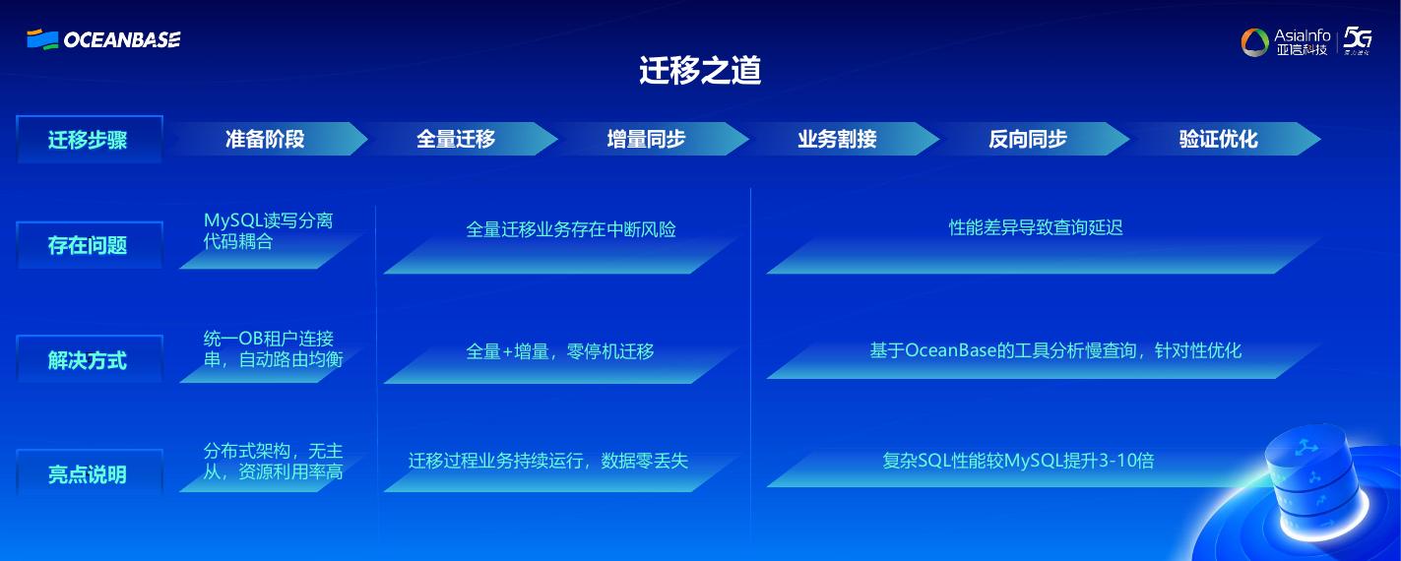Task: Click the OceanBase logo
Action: click(103, 39)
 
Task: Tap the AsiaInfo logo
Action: click(1287, 41)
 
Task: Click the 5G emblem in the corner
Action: click(1358, 40)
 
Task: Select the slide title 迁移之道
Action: click(700, 71)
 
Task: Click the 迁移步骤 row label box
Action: click(89, 140)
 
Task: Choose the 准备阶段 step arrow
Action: click(266, 139)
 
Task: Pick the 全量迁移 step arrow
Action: click(457, 139)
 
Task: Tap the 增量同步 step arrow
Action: click(647, 139)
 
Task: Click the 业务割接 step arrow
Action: click(838, 139)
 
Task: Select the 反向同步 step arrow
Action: click(1029, 139)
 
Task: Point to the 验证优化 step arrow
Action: click(1219, 139)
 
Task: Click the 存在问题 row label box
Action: click(89, 245)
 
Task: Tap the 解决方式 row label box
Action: click(89, 360)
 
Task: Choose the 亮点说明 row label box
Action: click(89, 474)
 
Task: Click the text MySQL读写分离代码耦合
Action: click(268, 230)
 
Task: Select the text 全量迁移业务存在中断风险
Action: click(571, 229)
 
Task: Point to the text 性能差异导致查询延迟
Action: click(1036, 227)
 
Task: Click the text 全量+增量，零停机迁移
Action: click(560, 351)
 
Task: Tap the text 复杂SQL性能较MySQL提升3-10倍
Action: click(1018, 460)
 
